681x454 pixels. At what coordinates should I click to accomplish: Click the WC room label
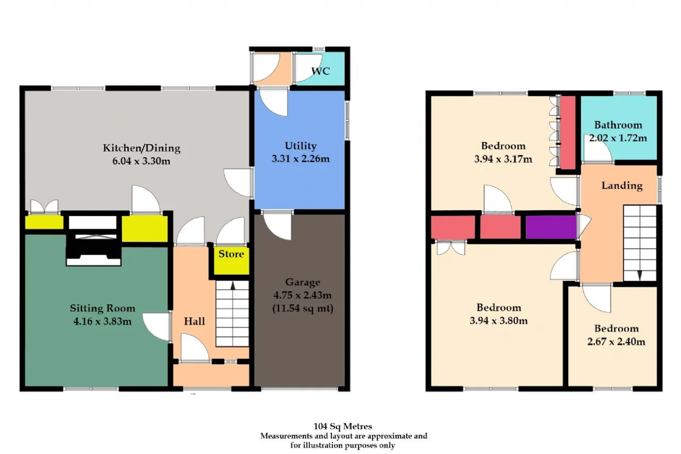coord(320,71)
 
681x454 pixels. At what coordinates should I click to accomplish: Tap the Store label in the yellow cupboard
coord(231,254)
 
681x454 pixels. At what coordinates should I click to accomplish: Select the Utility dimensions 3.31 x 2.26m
coord(301,159)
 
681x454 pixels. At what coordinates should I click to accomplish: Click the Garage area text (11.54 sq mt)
coord(303,308)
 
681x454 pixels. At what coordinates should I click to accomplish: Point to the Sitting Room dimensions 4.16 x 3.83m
coord(103,321)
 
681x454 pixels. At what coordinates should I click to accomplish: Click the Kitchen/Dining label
coord(142,148)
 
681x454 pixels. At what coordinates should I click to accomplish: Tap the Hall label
coord(194,321)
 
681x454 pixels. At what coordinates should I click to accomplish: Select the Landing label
coord(622,186)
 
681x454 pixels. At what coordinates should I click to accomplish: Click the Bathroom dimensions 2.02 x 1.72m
coord(618,138)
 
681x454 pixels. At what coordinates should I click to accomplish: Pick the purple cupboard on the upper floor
coord(551,227)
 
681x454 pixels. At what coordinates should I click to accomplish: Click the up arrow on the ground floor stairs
coord(233,286)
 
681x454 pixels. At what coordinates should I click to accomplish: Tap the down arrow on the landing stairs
coord(640,275)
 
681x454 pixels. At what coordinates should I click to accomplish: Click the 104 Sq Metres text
coord(343,426)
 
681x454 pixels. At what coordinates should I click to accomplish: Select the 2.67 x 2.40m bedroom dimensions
coord(616,342)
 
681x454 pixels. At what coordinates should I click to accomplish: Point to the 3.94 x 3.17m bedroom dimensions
coord(503,159)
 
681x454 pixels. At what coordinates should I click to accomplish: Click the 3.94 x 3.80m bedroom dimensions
coord(499,320)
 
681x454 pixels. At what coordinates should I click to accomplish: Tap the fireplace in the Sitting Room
coord(93,240)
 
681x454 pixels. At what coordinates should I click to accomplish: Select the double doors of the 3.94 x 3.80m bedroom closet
coord(451,247)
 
